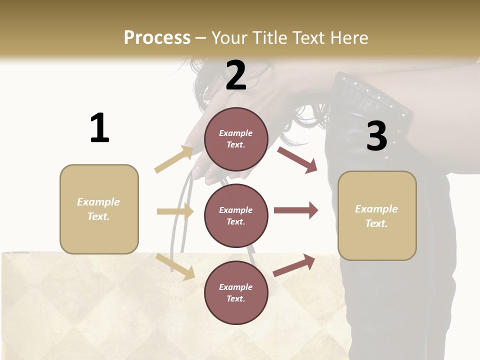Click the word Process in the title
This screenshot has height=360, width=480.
157,37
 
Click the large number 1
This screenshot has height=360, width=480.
99,128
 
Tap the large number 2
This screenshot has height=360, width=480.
236,75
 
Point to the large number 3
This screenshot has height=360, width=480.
376,136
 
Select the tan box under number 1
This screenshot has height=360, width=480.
99,209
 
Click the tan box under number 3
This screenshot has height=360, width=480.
377,215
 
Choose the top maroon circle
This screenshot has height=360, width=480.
236,138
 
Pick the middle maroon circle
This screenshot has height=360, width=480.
236,215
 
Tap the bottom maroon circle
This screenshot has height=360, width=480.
236,292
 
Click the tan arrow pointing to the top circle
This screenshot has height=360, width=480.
173,159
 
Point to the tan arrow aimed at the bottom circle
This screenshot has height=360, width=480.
175,266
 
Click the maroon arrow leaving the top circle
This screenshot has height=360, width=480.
297,159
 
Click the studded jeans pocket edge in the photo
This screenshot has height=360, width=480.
372,95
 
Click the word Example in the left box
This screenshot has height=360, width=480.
98,202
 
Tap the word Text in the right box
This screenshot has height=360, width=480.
376,223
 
